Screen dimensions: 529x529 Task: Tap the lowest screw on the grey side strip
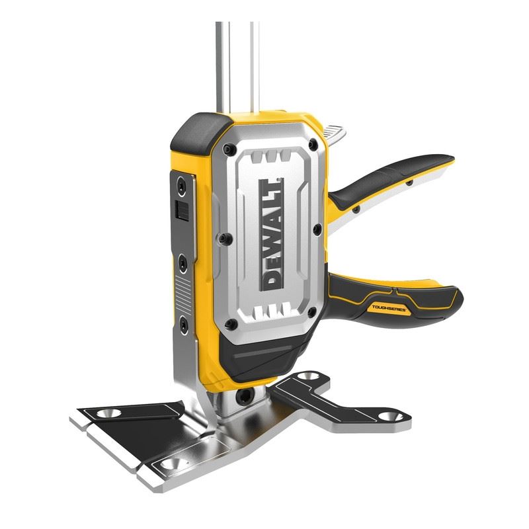179,322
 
